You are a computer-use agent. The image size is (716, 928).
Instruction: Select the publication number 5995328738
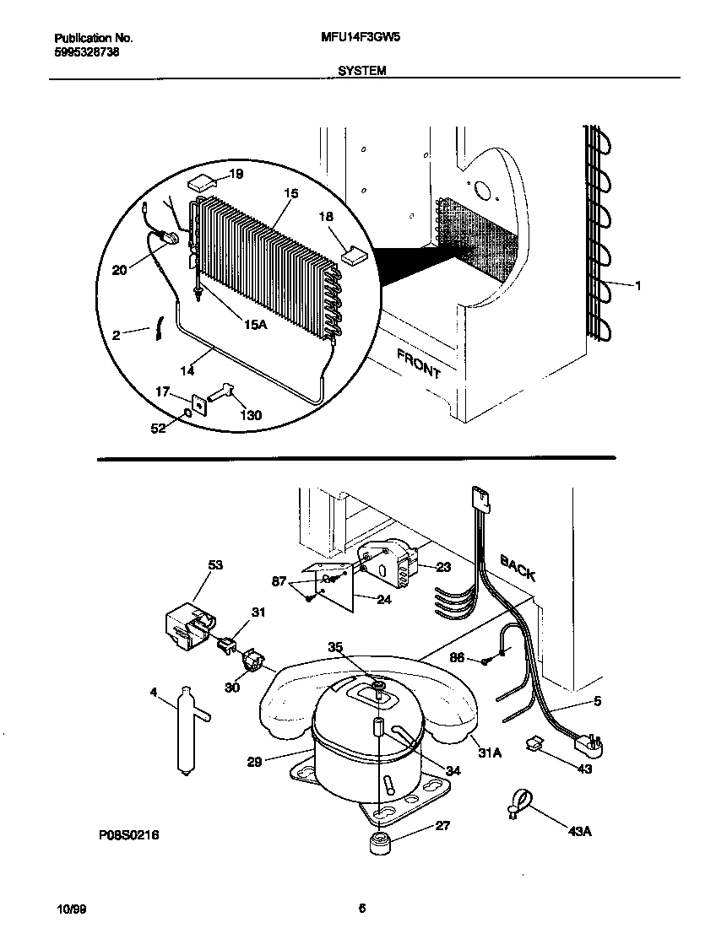84,51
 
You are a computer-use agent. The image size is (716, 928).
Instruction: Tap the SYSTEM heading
361,72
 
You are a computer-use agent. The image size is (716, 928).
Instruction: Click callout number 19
236,175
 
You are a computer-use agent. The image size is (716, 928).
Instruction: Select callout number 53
215,565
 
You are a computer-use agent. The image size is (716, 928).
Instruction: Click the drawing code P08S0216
128,834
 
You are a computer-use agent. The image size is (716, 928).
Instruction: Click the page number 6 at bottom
361,908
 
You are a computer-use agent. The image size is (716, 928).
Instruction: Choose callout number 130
252,415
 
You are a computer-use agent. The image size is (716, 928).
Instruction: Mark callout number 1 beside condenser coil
637,286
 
